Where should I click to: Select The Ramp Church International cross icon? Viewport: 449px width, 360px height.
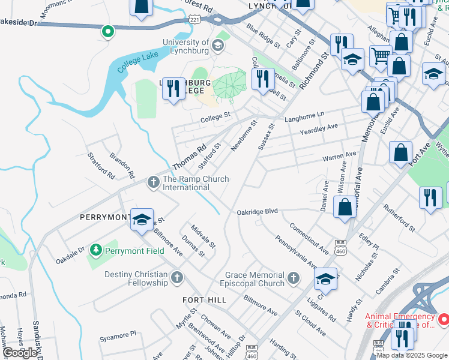pyautogui.click(x=153, y=181)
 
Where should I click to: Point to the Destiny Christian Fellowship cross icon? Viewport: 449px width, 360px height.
pyautogui.click(x=176, y=277)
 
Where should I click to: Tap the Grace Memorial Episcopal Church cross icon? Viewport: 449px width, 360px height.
pyautogui.click(x=292, y=277)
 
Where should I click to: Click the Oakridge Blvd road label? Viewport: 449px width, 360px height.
pyautogui.click(x=258, y=211)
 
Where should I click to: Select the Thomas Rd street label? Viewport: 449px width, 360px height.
pyautogui.click(x=189, y=155)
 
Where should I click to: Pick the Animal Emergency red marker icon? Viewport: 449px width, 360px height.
pyautogui.click(x=443, y=320)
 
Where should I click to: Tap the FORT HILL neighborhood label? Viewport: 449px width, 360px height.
pyautogui.click(x=205, y=299)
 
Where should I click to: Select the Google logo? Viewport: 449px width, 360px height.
pyautogui.click(x=20, y=353)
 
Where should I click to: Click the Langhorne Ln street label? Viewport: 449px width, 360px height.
pyautogui.click(x=304, y=114)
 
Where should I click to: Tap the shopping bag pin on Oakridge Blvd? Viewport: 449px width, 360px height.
pyautogui.click(x=345, y=208)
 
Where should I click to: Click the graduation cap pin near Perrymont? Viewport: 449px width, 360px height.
pyautogui.click(x=142, y=220)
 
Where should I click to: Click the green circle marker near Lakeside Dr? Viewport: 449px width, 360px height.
pyautogui.click(x=108, y=31)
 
